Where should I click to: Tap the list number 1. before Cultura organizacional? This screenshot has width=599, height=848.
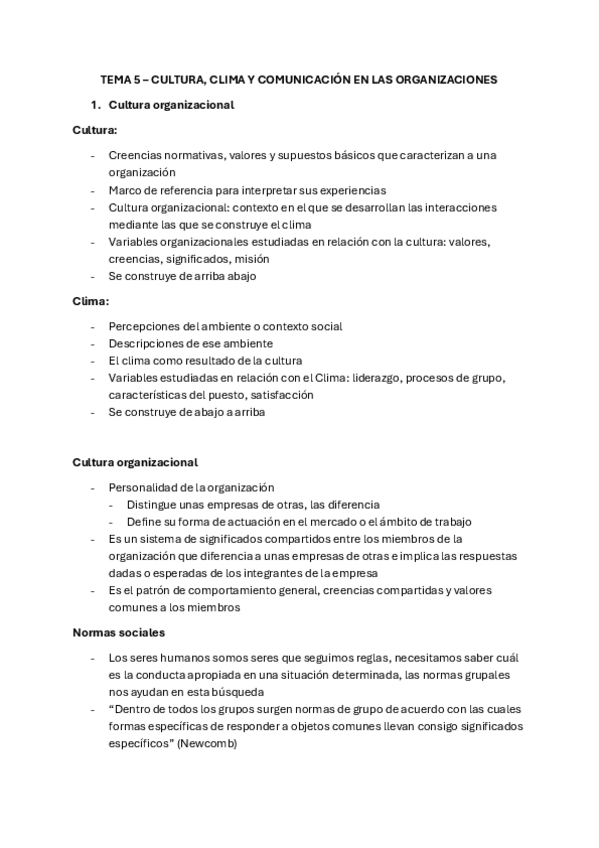[96, 104]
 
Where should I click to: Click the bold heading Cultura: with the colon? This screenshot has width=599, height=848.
[95, 130]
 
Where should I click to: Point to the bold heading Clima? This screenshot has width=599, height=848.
[90, 301]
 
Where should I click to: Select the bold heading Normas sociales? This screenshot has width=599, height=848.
[119, 633]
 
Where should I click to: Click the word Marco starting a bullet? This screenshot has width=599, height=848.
[127, 190]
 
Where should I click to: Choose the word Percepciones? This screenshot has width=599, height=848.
[147, 326]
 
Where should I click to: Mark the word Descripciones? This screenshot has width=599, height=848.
[148, 343]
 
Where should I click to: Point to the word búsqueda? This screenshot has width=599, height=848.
[235, 692]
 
